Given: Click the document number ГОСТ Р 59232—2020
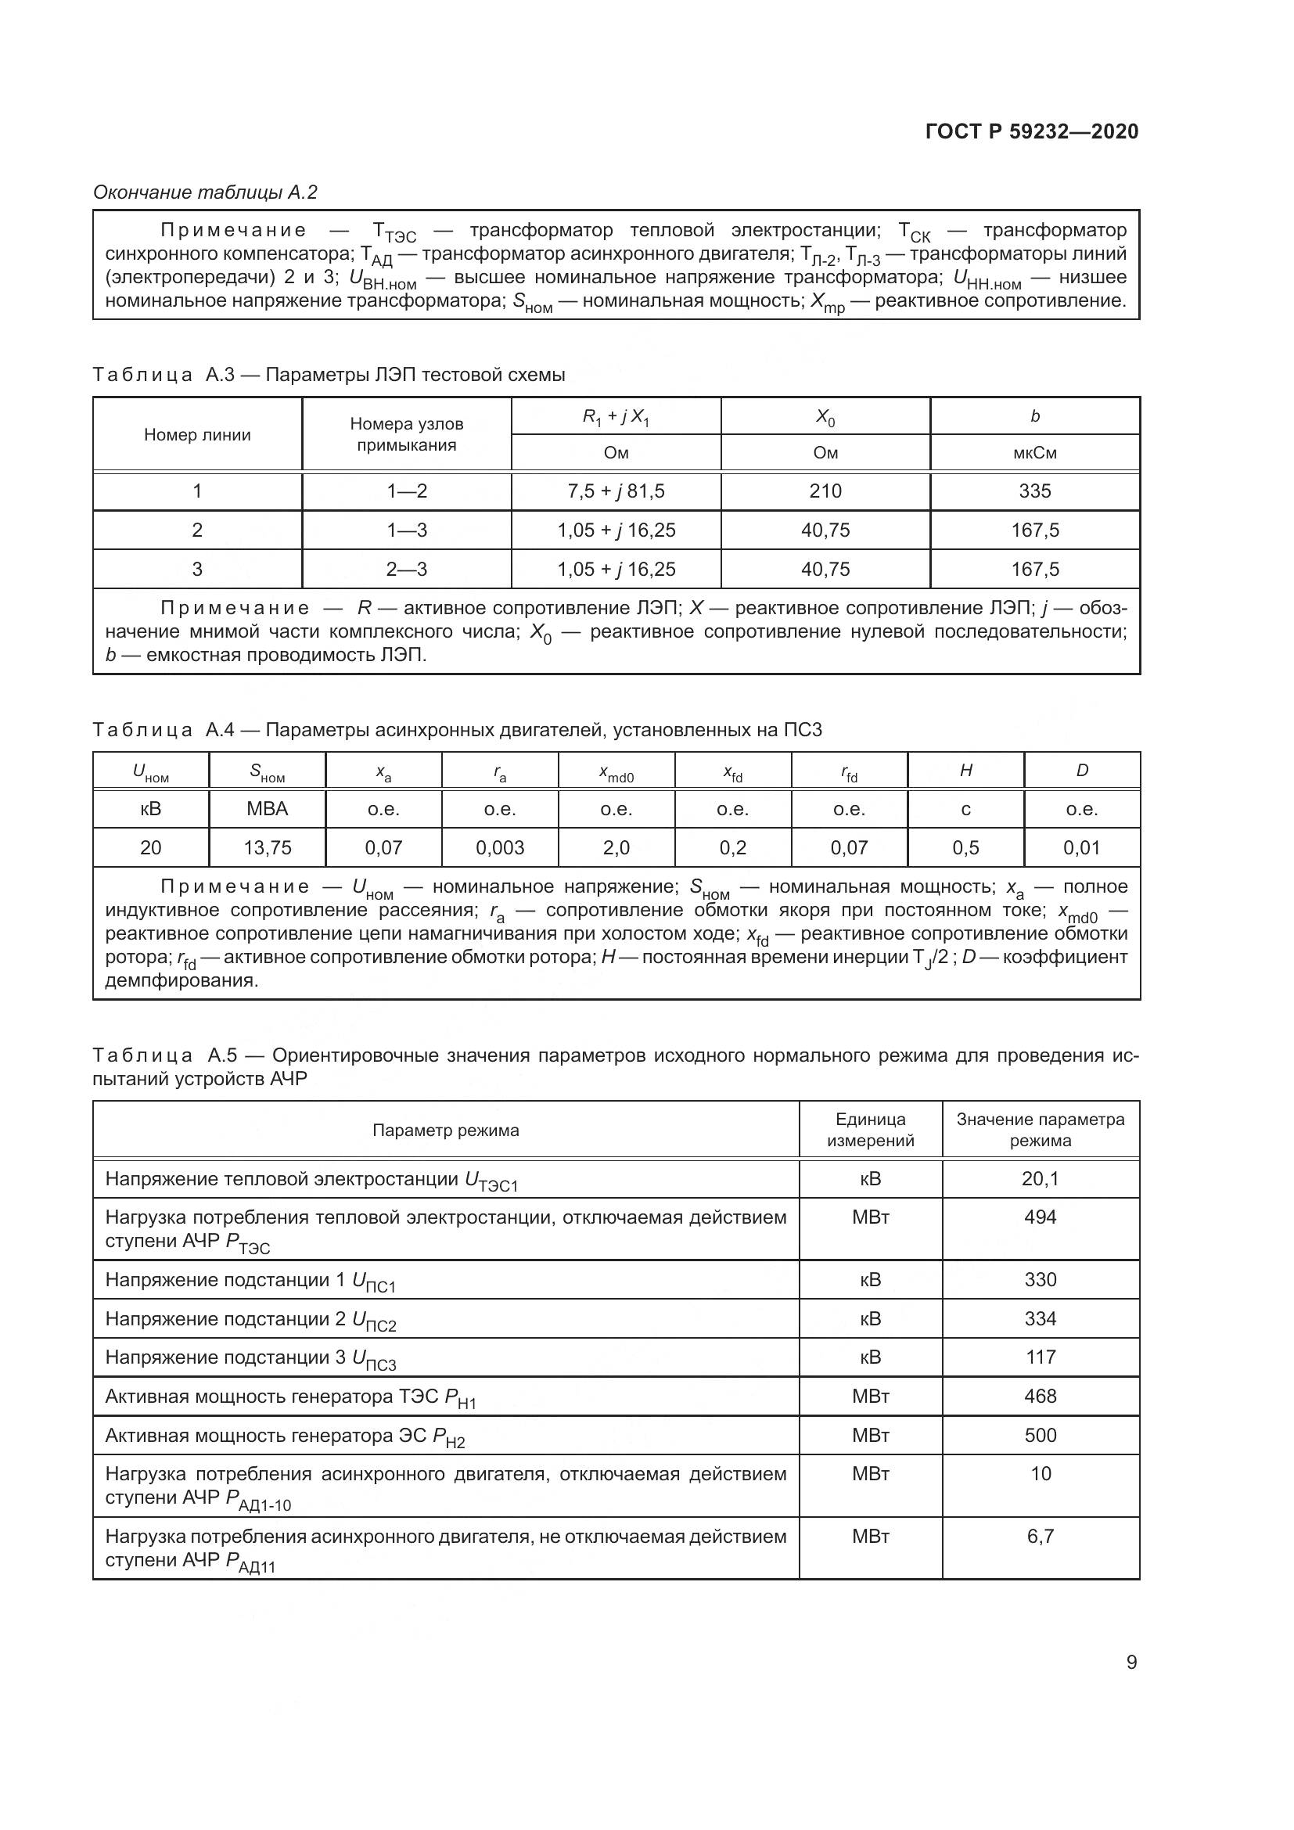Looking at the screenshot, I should point(1032,131).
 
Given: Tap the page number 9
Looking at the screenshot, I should point(1131,1662).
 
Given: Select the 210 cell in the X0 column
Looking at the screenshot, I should point(825,491).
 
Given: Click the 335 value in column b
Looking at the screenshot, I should point(1034,491).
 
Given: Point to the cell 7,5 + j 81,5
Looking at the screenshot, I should point(616,491).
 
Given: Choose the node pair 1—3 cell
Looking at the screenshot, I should point(406,530).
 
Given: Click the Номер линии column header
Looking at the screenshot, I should point(197,434).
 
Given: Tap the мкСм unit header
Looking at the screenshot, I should point(1034,453).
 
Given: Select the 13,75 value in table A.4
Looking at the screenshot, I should point(267,848).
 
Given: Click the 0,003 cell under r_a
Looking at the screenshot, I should point(500,848).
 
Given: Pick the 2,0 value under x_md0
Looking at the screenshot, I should point(616,848).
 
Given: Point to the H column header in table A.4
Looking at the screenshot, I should point(965,770).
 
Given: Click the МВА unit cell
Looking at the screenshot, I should point(267,809).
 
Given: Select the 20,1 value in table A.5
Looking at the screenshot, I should point(1040,1178).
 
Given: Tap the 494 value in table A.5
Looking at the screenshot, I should point(1040,1217).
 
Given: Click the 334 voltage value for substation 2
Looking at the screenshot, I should point(1040,1318).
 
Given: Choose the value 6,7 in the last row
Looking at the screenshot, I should point(1040,1536).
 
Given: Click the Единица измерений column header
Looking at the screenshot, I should point(870,1130).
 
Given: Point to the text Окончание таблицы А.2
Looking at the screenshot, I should point(206,192).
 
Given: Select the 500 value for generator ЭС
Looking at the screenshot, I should point(1040,1435).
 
